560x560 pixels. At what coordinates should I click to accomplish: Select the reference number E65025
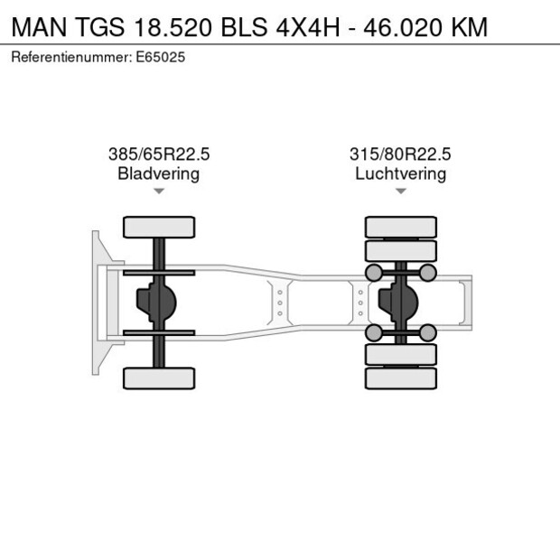163,57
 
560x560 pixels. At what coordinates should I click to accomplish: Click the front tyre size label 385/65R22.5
159,154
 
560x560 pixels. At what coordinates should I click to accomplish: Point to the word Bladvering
159,173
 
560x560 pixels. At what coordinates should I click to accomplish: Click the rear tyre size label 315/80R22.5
400,154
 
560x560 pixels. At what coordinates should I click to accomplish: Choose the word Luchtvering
400,173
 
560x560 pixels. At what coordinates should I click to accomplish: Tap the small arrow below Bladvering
159,191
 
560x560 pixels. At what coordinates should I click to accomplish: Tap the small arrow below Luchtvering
400,191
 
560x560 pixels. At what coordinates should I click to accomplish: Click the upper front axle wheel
159,227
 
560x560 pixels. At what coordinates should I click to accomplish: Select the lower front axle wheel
159,378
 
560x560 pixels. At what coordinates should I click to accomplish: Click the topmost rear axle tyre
400,226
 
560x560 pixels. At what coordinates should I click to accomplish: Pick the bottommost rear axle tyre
400,378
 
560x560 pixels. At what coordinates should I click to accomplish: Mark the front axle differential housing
154,303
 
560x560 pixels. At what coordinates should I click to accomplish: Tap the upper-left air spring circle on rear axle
372,272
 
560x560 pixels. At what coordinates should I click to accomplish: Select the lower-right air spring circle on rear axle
428,333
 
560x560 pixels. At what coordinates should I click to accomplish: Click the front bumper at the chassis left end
97,303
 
